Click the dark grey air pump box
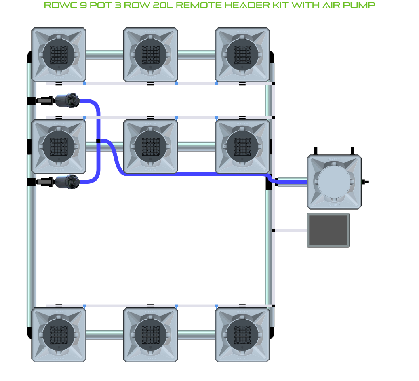click(x=328, y=230)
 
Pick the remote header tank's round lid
click(x=334, y=182)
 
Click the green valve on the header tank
click(x=364, y=182)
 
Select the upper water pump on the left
click(x=67, y=100)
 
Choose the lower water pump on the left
click(x=67, y=182)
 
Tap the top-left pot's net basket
click(x=59, y=54)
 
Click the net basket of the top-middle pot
click(x=150, y=54)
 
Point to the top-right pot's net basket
click(x=242, y=54)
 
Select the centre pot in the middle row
click(x=150, y=146)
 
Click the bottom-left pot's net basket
click(x=59, y=335)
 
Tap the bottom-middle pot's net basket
click(x=150, y=335)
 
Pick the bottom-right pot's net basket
click(x=242, y=335)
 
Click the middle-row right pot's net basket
click(x=242, y=146)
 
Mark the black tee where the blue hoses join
click(x=98, y=141)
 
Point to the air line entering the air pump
click(x=291, y=230)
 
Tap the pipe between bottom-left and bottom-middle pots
click(x=104, y=335)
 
